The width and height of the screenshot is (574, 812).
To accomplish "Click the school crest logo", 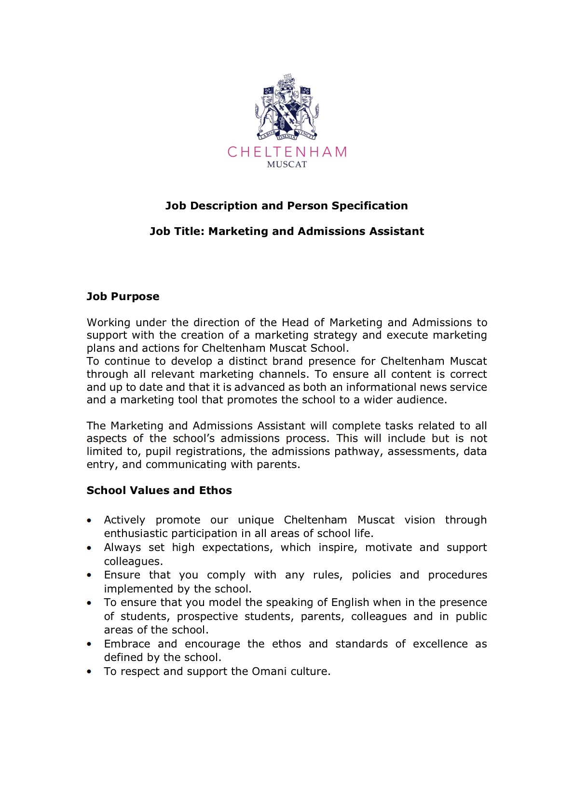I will point(287,107).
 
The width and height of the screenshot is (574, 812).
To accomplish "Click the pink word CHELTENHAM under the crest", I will point(287,152).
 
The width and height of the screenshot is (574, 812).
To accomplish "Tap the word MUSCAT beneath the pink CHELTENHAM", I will point(287,165).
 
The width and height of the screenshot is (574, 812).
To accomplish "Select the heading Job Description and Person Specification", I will point(287,206).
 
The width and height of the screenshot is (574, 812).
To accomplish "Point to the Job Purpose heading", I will point(123,297).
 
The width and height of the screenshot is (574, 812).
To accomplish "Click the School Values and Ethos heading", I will point(159,491).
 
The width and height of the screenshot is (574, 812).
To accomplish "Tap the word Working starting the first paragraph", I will point(109,323).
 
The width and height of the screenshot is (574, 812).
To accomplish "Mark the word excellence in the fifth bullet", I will point(440,644).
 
